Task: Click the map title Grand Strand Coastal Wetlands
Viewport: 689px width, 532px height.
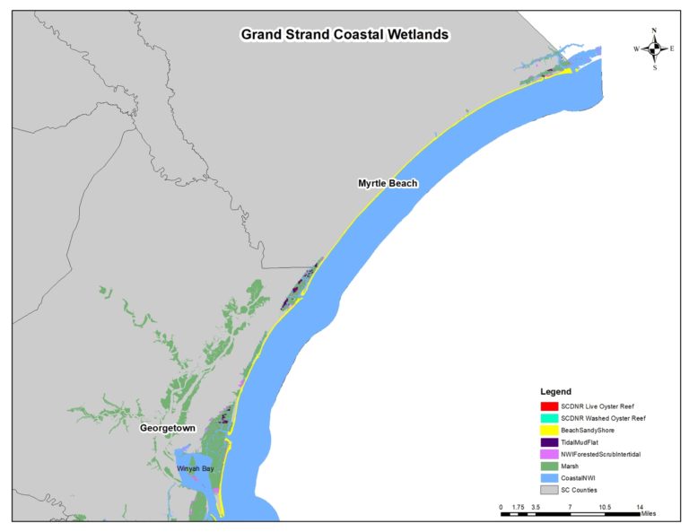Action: pyautogui.click(x=344, y=35)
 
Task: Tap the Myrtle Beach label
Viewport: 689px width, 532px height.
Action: pyautogui.click(x=388, y=183)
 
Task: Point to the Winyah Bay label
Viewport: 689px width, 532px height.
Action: pyautogui.click(x=195, y=468)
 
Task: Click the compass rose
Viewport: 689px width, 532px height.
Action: pyautogui.click(x=654, y=48)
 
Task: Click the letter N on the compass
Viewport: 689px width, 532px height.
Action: pyautogui.click(x=654, y=31)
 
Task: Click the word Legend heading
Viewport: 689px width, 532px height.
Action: pyautogui.click(x=556, y=392)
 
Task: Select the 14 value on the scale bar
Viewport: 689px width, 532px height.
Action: pyautogui.click(x=640, y=508)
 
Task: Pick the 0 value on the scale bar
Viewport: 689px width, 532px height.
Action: pyautogui.click(x=501, y=508)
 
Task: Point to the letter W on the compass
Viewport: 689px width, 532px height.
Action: pyautogui.click(x=636, y=48)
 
